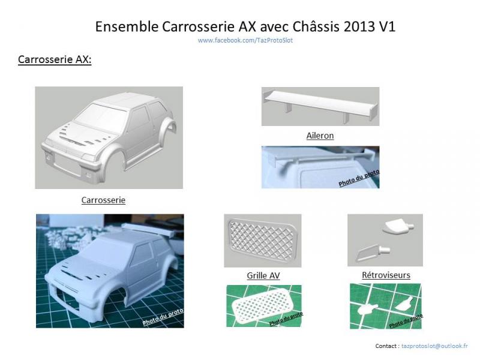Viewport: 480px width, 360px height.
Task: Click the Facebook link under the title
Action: point(245,40)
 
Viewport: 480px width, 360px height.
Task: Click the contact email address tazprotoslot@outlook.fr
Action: point(434,346)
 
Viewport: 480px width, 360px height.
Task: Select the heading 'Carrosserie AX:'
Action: point(55,59)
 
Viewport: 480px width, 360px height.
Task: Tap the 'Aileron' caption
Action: point(320,136)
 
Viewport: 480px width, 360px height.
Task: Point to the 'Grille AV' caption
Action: point(263,275)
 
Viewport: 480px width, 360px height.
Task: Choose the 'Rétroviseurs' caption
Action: point(386,275)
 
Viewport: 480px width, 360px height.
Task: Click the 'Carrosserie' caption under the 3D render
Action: point(103,200)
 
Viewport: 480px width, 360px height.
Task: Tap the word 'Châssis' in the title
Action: point(316,26)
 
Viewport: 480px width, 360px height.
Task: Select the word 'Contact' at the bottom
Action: point(386,346)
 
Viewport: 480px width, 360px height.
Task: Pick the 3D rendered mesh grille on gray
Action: point(263,241)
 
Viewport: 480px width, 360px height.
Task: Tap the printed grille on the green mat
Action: point(262,305)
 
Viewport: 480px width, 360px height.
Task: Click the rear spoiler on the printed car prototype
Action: point(148,230)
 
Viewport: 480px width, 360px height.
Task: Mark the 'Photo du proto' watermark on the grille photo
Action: point(286,319)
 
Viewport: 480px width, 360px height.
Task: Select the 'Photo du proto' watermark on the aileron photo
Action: point(359,178)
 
